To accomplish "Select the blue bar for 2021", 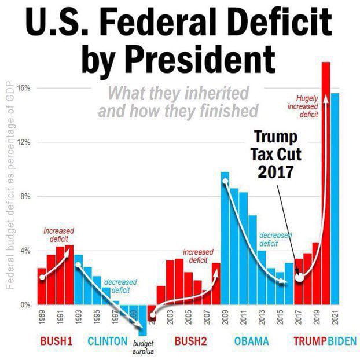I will coord(335,197).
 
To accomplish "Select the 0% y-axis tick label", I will coord(25,304).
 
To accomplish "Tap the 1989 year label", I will coord(42,317).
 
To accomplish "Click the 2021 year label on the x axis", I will coord(335,317).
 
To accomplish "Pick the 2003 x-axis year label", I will coord(170,317).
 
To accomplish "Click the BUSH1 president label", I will coord(56,341).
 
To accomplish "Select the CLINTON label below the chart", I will coord(107,341).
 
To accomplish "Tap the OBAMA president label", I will coord(252,341).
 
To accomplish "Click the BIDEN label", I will coord(343,341).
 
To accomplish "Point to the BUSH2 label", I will coord(190,341).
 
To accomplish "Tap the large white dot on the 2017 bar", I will coord(299,277).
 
